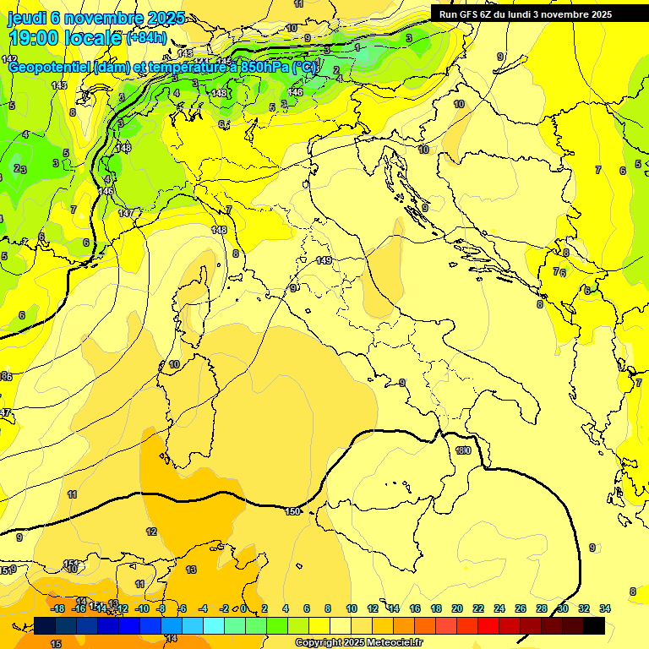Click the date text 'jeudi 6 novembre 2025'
point(95,18)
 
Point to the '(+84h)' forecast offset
point(146,38)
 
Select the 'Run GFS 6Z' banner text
point(473,14)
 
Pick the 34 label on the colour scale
point(604,608)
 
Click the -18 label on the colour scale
point(57,608)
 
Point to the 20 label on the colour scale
point(457,608)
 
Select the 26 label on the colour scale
point(521,608)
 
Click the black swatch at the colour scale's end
point(594,625)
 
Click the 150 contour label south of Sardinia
point(292,511)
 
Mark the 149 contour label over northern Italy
point(324,260)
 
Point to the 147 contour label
point(126,213)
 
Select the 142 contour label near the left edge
point(9,59)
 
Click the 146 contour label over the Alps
point(295,92)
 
